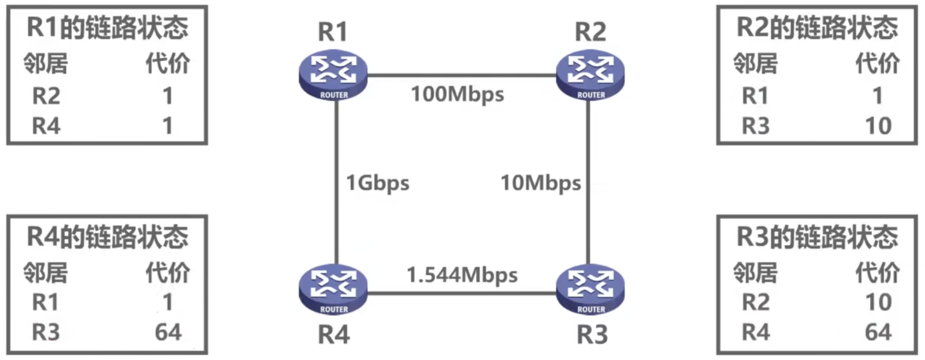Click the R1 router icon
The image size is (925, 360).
coord(333,76)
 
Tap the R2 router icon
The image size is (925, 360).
coord(590,76)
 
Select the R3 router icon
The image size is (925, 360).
coord(590,290)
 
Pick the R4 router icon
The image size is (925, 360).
coord(333,290)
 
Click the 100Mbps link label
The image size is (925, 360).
coord(457,94)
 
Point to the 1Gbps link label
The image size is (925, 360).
coord(377,183)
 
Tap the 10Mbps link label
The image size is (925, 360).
coord(540,183)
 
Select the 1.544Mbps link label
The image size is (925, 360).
coord(461,275)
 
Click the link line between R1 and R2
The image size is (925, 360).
coord(461,75)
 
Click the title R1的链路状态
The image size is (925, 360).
coord(107,28)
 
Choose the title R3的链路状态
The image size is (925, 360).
coord(817,237)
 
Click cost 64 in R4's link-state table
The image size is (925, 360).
coord(168,332)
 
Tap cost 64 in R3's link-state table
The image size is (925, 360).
coord(878,332)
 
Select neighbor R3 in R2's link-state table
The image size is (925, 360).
coord(755,126)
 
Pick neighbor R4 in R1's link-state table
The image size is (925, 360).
coord(46,126)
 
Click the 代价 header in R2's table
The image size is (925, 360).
coord(877,63)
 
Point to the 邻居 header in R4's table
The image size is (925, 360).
coord(46,273)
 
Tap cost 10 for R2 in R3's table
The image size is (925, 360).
coord(878,302)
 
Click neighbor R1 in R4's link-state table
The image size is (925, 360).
coord(46,302)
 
